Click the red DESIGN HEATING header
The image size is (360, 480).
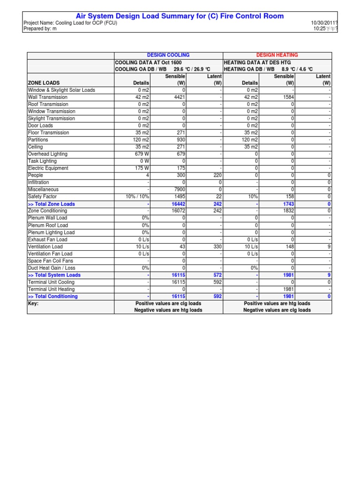point(277,55)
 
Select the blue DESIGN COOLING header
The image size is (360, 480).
point(168,55)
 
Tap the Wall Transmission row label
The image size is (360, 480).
point(48,97)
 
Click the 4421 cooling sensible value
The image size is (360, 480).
point(180,97)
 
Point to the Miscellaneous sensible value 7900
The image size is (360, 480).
point(180,189)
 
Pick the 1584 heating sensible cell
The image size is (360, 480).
point(288,97)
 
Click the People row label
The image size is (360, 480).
point(36,175)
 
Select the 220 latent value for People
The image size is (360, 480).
point(216,175)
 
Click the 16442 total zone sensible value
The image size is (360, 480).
point(178,204)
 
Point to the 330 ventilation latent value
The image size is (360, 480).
point(216,247)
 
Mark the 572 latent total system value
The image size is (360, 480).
point(216,275)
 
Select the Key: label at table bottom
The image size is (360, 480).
point(33,303)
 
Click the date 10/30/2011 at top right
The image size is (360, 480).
point(323,22)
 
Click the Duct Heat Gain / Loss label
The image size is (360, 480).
point(52,268)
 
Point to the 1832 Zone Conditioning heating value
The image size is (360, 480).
point(288,211)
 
